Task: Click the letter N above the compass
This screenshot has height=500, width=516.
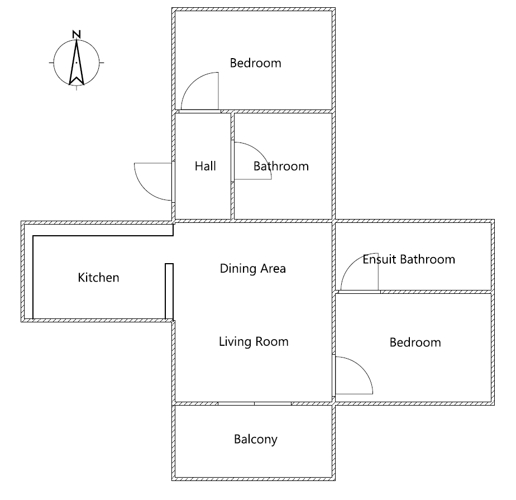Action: click(77, 35)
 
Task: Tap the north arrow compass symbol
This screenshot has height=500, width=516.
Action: click(77, 63)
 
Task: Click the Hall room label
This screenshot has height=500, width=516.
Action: click(206, 166)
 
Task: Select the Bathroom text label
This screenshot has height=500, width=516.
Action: click(281, 166)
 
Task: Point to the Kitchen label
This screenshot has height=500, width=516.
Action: click(99, 277)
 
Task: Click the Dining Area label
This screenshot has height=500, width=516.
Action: click(253, 269)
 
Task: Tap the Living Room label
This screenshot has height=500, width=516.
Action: click(254, 341)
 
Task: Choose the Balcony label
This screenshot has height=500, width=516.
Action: click(256, 439)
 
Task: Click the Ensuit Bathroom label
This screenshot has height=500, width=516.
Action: click(409, 259)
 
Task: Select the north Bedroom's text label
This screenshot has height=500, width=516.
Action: click(256, 63)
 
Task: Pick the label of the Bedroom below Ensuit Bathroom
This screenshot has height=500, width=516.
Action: click(415, 342)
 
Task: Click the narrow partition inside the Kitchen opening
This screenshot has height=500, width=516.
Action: click(169, 291)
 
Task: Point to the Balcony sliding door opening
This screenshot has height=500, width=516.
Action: click(254, 403)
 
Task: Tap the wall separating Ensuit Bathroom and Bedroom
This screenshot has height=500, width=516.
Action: click(436, 292)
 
